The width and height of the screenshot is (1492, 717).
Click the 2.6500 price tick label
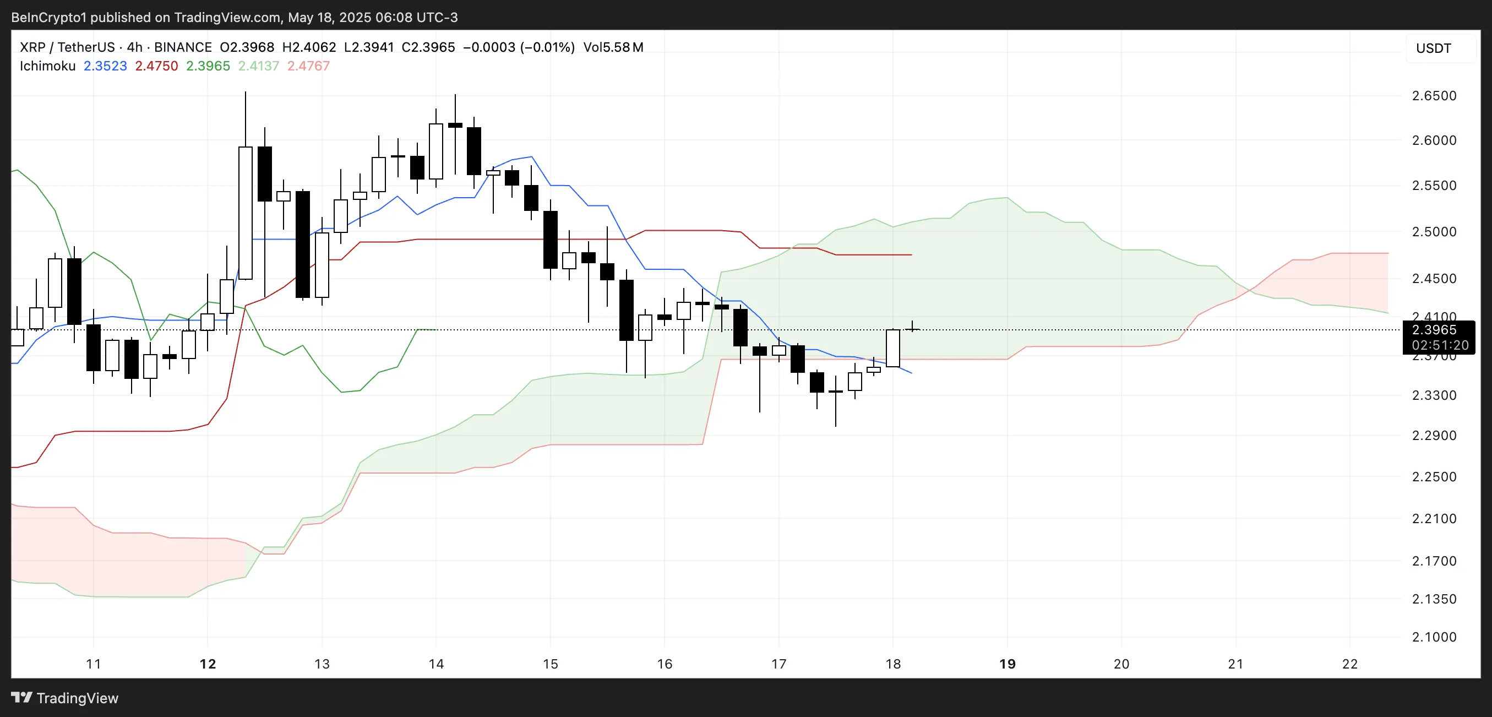click(x=1434, y=96)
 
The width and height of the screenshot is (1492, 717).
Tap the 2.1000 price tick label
click(x=1434, y=637)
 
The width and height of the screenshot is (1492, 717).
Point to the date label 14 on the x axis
click(x=436, y=664)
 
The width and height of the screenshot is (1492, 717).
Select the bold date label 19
click(x=1007, y=664)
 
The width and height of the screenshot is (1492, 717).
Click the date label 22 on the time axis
click(x=1349, y=664)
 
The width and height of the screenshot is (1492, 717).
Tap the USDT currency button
click(x=1434, y=48)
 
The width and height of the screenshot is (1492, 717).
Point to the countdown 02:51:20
click(x=1440, y=345)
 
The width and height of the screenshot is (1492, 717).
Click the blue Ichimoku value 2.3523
click(x=105, y=66)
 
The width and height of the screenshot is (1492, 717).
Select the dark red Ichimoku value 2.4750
click(x=156, y=66)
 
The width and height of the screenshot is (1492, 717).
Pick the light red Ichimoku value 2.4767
click(x=308, y=66)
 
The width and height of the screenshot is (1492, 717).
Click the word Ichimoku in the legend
click(x=47, y=66)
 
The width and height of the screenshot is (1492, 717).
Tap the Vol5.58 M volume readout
click(x=613, y=47)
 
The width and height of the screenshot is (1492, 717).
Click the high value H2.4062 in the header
click(x=309, y=47)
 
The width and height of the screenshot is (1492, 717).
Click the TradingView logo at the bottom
click(x=65, y=698)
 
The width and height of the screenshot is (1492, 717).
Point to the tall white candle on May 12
click(x=246, y=213)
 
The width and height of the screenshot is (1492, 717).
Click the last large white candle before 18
click(x=892, y=348)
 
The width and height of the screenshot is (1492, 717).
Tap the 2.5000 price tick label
click(x=1434, y=232)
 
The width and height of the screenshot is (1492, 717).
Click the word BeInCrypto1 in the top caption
click(x=48, y=18)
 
